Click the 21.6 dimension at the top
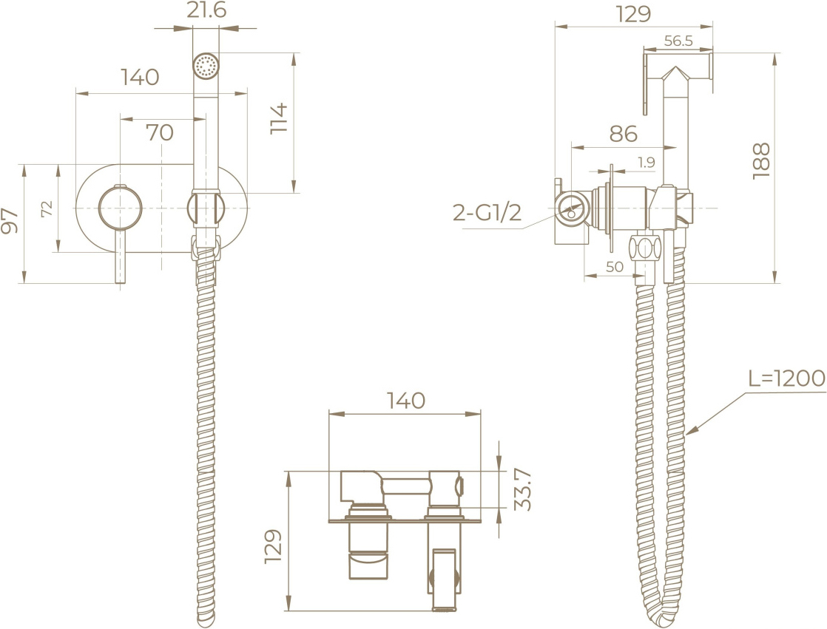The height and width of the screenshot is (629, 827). (x=206, y=10)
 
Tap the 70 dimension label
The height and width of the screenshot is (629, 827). (x=160, y=132)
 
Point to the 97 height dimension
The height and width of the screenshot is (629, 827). (x=10, y=220)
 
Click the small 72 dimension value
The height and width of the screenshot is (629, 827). (x=47, y=208)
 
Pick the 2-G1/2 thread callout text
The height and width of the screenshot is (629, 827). (x=487, y=212)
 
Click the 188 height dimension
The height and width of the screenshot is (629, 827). (x=761, y=161)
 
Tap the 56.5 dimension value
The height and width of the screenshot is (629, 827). (x=678, y=41)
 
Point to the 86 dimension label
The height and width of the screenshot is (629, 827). (x=624, y=134)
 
